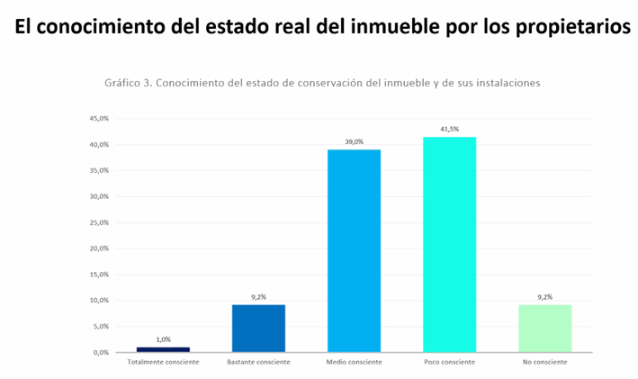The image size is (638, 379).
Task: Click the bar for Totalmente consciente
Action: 163,348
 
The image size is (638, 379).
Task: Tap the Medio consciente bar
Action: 354,250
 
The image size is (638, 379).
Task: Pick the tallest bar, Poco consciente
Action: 449,244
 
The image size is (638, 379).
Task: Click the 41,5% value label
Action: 449,130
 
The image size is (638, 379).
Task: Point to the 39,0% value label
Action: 354,142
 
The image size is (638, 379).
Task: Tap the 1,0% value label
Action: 163,339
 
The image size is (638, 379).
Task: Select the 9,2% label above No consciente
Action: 544,297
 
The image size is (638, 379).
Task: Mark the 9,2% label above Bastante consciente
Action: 258,297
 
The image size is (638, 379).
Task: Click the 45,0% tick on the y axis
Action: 99,119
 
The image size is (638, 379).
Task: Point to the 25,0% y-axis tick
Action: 99,222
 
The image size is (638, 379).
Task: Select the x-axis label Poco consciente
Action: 449,362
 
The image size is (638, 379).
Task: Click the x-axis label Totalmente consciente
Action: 163,362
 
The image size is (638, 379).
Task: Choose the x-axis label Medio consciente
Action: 354,362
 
